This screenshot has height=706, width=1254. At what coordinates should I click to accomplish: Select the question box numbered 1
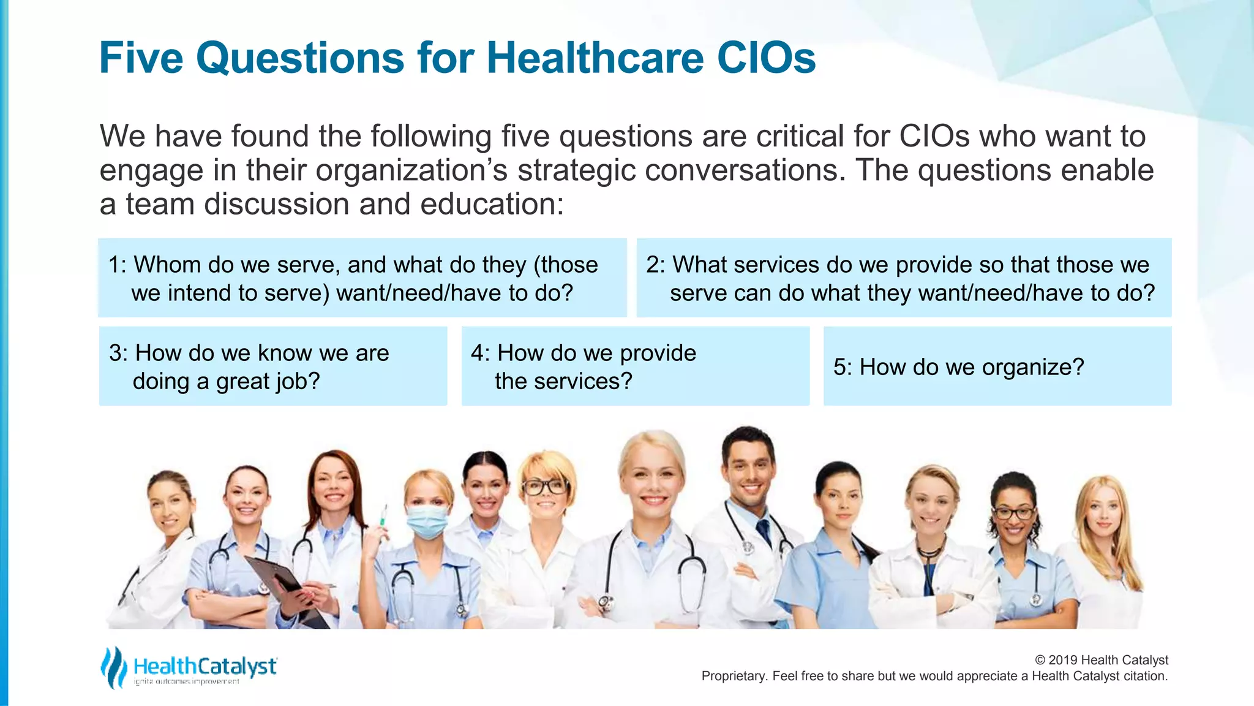coord(362,278)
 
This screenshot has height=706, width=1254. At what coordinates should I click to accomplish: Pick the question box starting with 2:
coord(904,278)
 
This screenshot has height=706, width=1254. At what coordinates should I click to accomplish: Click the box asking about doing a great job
coord(273,366)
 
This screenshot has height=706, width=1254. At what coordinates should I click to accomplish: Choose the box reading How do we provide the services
coord(635,366)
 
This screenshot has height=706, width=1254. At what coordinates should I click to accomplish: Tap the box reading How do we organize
coord(997,366)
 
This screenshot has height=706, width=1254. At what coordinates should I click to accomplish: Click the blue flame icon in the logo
coord(113,667)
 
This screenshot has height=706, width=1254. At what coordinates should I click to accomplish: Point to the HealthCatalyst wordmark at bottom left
coord(205,666)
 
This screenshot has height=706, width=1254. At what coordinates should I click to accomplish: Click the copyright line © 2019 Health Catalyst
coord(1101,660)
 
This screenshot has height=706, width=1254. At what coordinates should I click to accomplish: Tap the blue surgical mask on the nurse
coord(427,520)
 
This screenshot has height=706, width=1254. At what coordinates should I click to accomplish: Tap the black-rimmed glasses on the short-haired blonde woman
coord(544,487)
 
